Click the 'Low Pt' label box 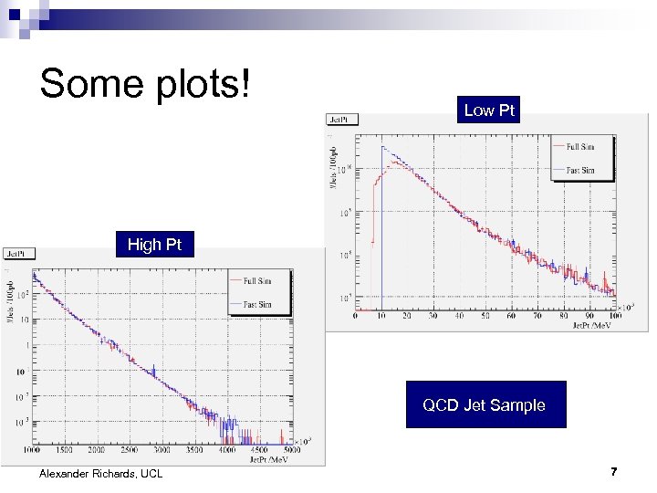coord(490,110)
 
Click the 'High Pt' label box coord(154,244)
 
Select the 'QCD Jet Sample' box coord(484,404)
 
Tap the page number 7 coord(614,472)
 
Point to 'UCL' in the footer coord(151,473)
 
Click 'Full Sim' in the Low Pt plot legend coord(580,147)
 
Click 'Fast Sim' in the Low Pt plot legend coord(580,170)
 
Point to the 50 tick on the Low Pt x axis coord(484,316)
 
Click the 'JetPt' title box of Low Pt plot coord(343,119)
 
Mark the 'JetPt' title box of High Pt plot coord(19,253)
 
